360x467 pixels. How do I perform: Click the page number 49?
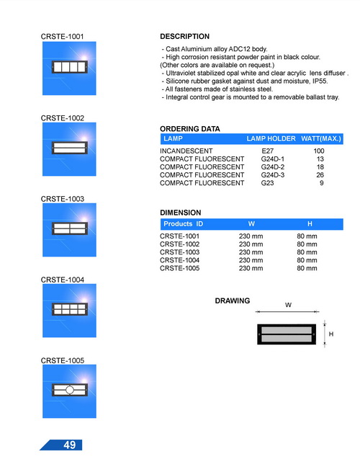70,445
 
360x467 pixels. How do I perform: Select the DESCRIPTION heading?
185,36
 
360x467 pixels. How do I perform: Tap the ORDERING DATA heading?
190,129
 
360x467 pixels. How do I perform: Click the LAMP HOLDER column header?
271,138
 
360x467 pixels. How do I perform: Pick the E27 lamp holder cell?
267,151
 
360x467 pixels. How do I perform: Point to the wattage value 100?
319,151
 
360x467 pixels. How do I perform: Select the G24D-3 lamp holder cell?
273,175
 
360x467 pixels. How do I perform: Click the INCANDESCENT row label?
186,151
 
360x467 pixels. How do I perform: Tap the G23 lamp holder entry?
267,183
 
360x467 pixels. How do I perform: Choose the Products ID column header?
184,223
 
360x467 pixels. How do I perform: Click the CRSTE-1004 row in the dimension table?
180,260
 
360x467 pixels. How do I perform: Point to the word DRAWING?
233,301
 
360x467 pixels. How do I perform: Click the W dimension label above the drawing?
288,305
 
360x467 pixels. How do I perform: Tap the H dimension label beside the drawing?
331,334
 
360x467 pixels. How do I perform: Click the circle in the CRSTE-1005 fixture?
70,390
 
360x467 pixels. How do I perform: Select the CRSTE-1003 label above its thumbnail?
63,199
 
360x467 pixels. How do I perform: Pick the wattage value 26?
320,175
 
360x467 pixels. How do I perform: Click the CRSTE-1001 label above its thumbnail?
62,36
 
